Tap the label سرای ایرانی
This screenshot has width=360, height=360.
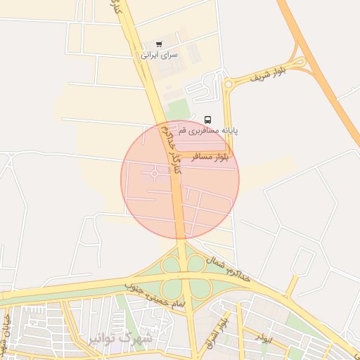click(160, 54)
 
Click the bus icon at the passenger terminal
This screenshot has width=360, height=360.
click(207, 120)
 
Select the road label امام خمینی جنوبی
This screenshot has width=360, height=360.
click(155, 295)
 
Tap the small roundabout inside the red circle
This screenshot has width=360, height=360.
click(154, 174)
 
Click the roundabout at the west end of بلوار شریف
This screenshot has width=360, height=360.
click(228, 85)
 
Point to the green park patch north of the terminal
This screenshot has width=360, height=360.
click(179, 108)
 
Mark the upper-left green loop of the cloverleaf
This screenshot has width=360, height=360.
click(171, 265)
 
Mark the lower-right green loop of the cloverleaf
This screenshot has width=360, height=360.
click(200, 288)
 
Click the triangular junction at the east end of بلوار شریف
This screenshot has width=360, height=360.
click(301, 65)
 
